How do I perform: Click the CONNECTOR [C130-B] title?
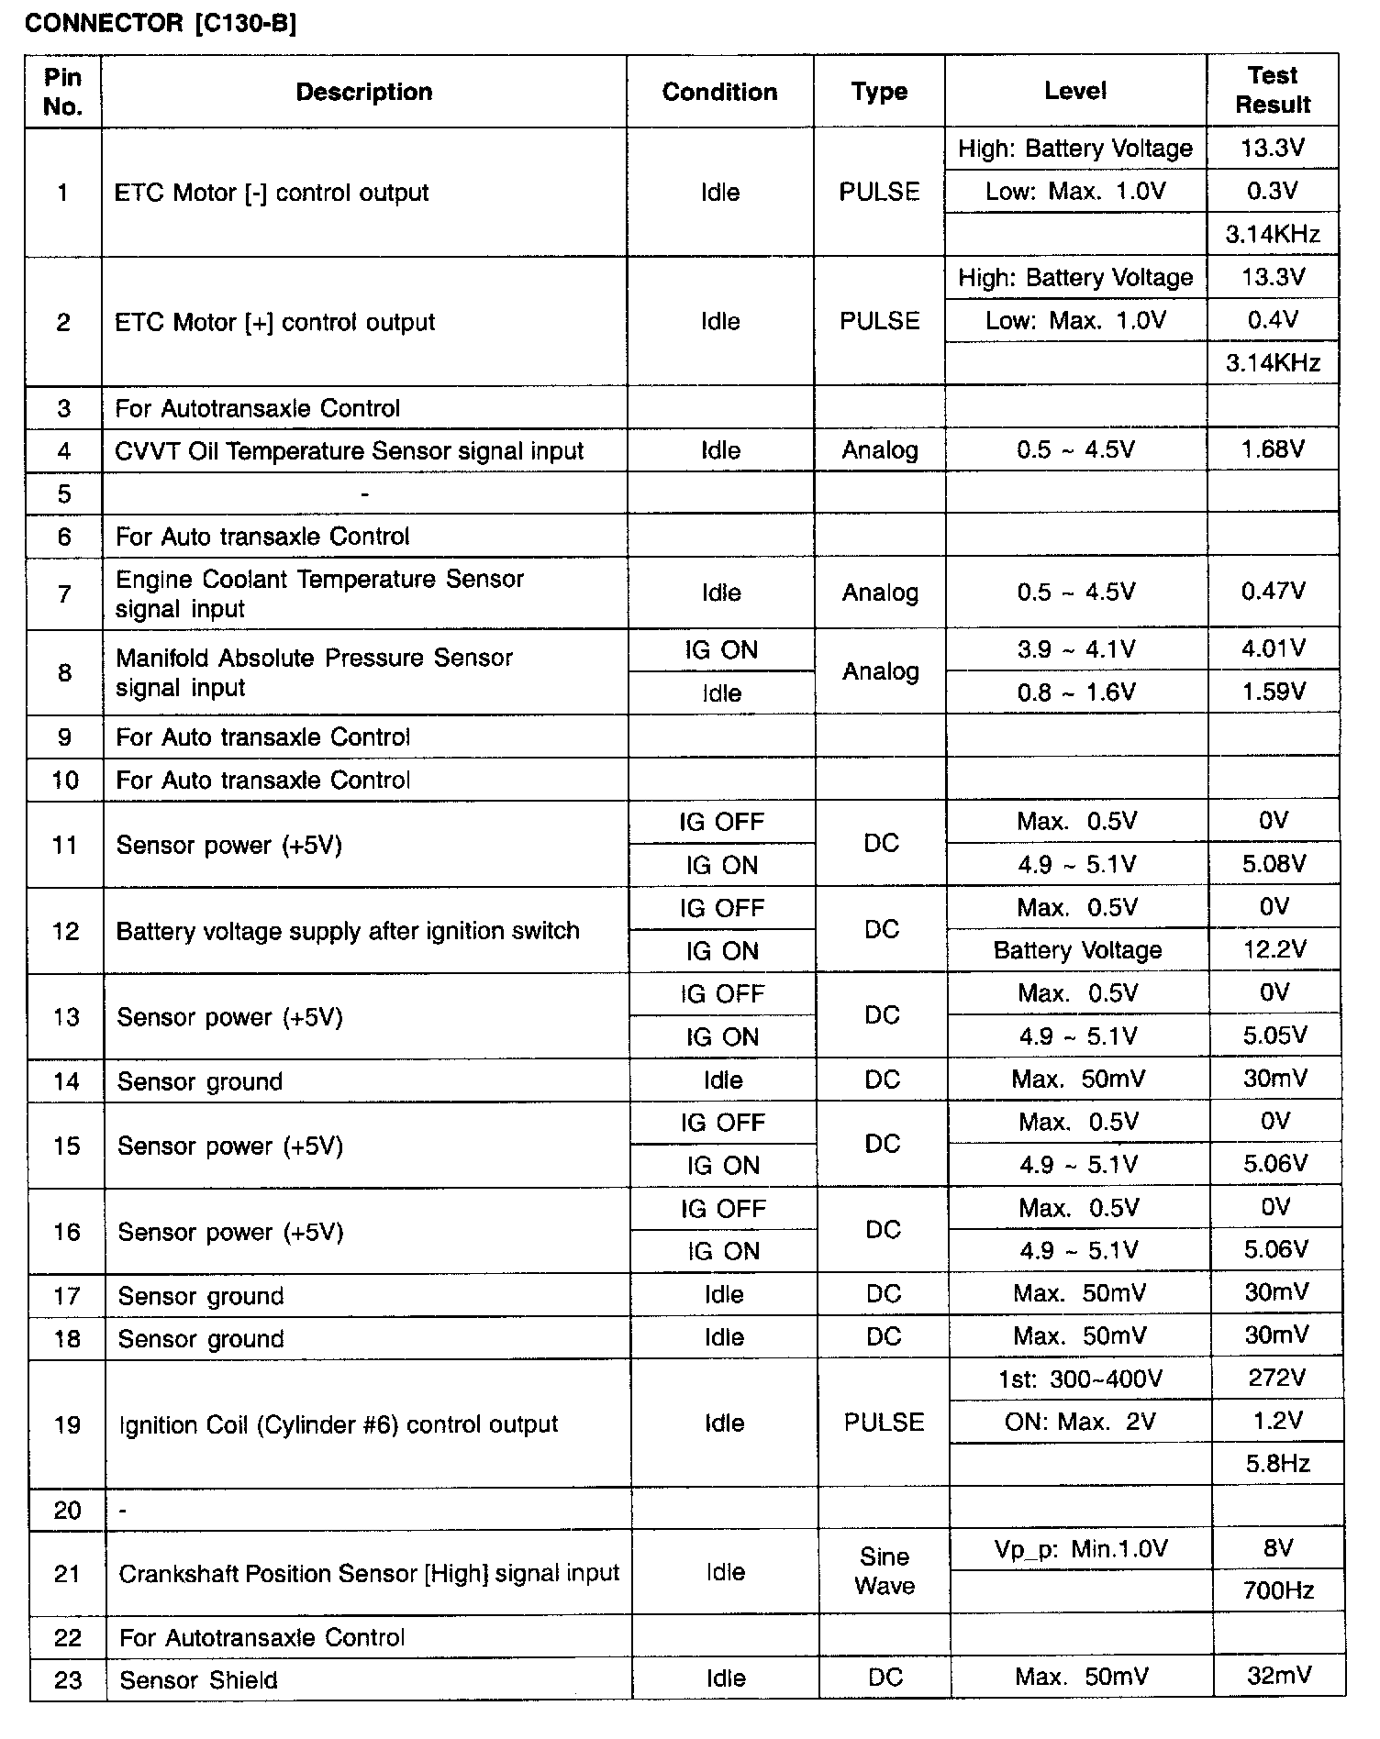pos(161,24)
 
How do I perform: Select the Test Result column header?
pos(1273,90)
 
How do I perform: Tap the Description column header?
pos(364,92)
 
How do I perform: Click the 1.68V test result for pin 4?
pos(1273,449)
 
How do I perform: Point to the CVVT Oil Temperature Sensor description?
pos(349,451)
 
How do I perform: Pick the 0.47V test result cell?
pos(1273,592)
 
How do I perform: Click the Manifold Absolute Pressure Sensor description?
pos(314,672)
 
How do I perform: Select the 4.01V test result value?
pos(1273,648)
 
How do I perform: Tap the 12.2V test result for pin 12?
pos(1274,949)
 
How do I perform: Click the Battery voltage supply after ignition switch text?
pos(348,931)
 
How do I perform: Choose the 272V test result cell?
pos(1276,1378)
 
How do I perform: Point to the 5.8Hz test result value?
pos(1277,1463)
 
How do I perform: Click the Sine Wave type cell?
pos(885,1571)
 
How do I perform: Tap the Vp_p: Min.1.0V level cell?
pos(1081,1549)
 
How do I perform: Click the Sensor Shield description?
pos(198,1680)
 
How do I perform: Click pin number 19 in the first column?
pos(68,1424)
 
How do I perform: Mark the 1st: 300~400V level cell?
pos(1080,1379)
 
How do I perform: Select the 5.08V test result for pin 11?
pos(1274,863)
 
